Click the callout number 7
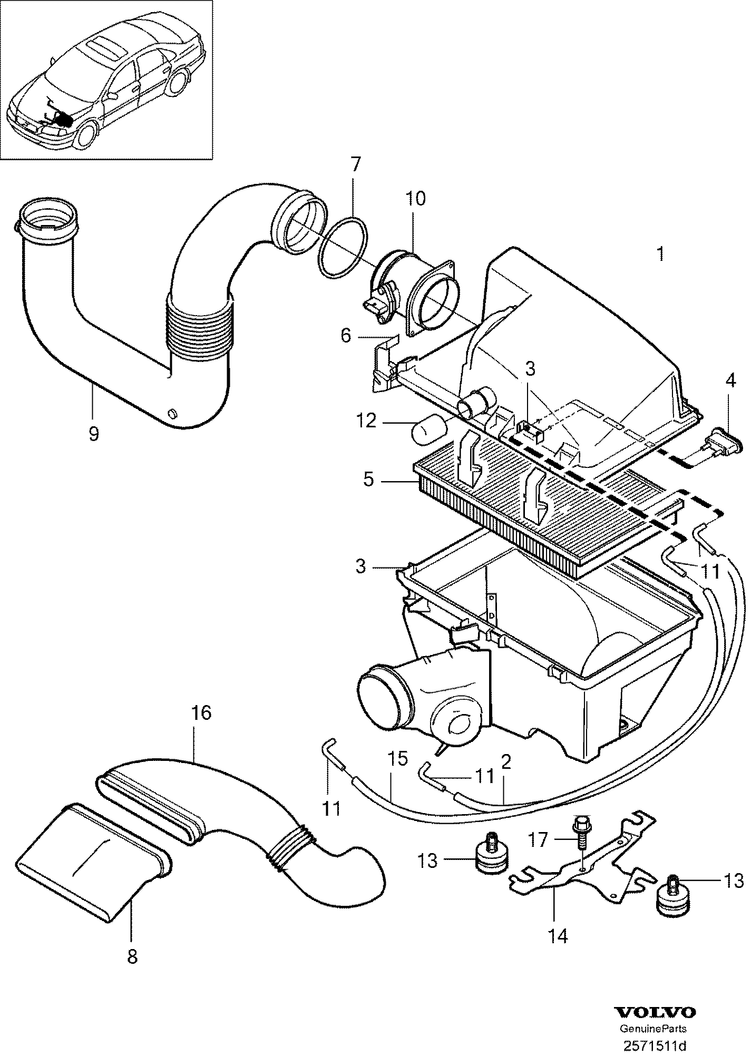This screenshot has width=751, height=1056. pos(354,165)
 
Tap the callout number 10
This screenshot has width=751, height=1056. pos(415,199)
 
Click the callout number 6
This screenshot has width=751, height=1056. pos(345,335)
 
